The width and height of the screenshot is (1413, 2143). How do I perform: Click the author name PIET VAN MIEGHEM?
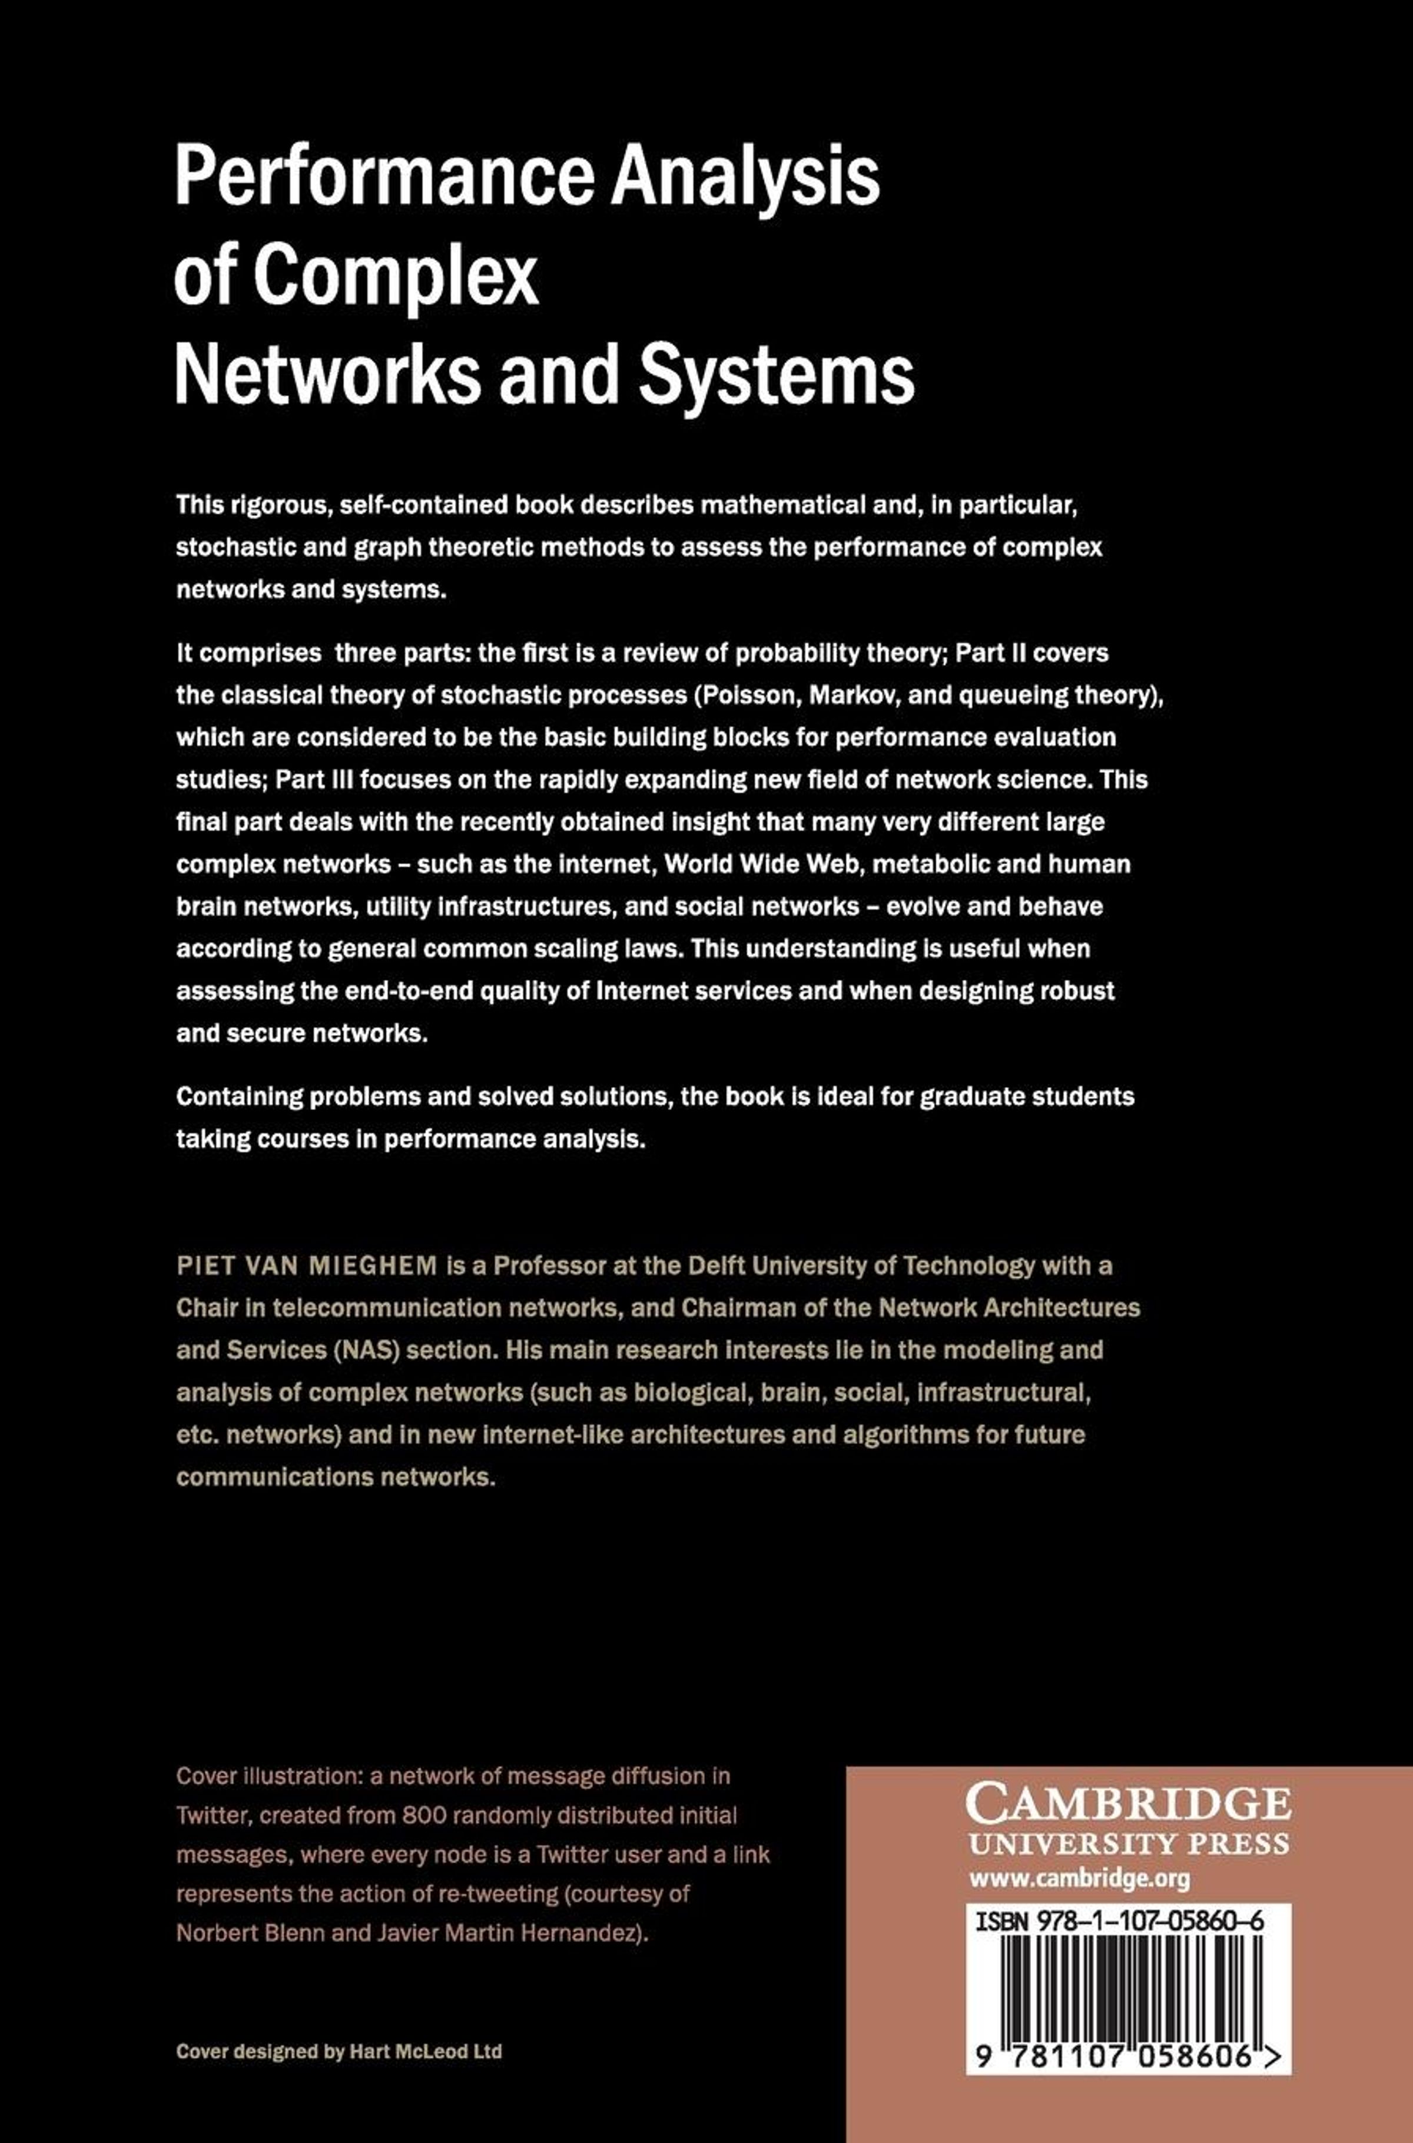(306, 1266)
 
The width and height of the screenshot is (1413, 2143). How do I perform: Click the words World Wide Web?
(764, 863)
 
